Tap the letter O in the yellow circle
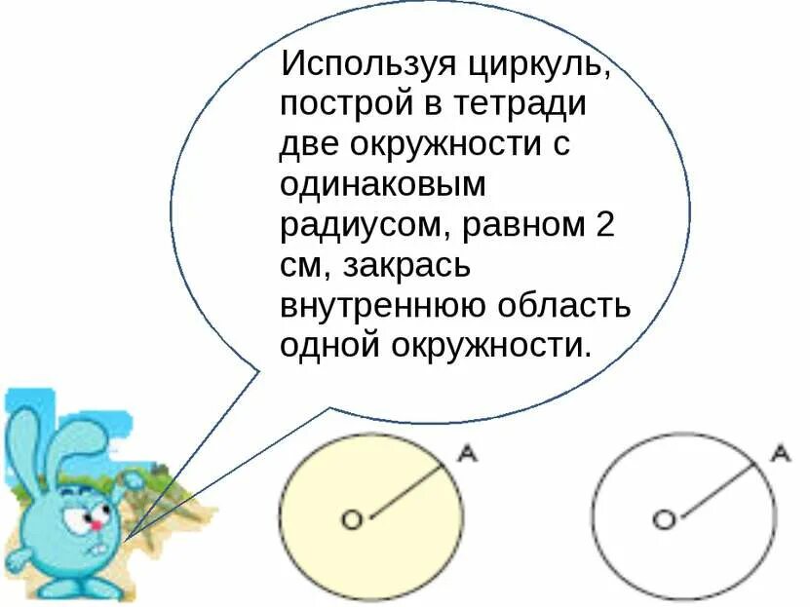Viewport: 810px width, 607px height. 352,519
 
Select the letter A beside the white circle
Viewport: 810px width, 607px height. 780,453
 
